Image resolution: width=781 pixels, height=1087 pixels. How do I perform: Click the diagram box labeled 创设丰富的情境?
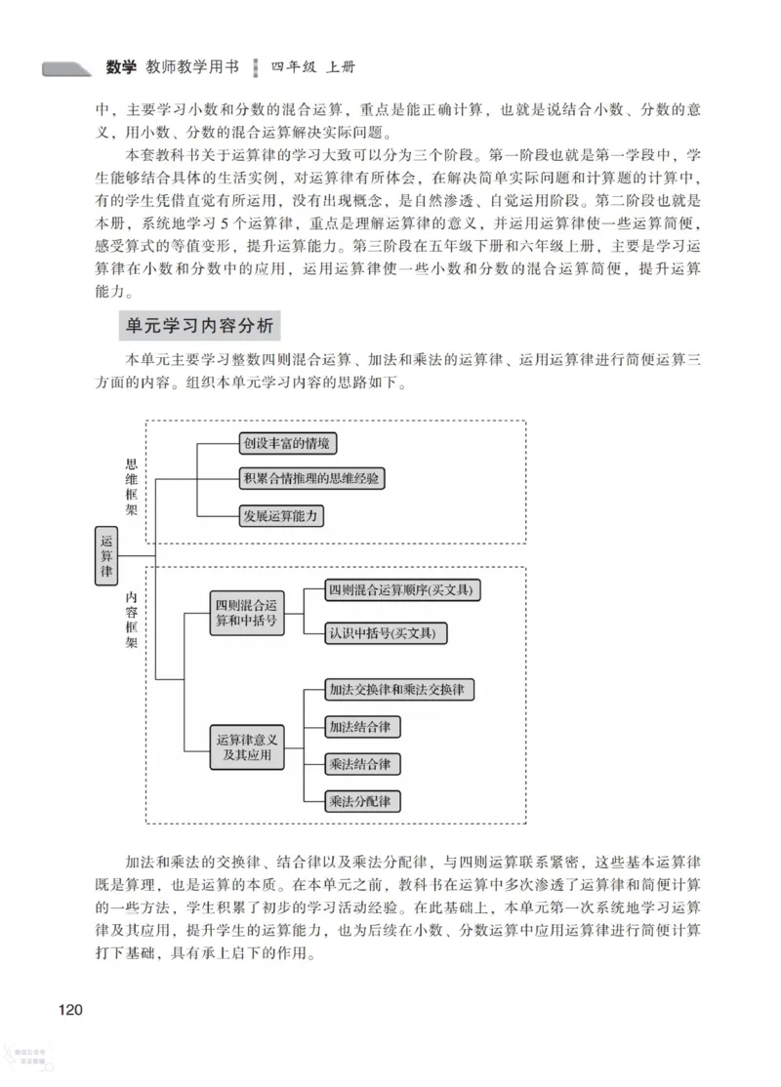pos(288,443)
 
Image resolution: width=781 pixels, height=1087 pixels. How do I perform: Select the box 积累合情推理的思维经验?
pos(311,478)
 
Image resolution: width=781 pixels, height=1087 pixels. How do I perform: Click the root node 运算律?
pos(106,557)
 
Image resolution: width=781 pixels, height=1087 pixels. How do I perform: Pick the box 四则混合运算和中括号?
pos(246,614)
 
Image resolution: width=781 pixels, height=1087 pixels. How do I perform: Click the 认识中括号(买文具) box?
pos(388,633)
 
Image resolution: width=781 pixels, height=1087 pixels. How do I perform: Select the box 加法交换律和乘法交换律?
pos(401,690)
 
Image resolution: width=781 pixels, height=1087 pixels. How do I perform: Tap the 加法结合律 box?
pos(363,727)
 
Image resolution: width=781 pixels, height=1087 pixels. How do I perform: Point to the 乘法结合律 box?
pos(363,763)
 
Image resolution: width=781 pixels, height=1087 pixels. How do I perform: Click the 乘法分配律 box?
pos(363,801)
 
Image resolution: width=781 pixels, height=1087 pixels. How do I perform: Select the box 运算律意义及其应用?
pos(246,748)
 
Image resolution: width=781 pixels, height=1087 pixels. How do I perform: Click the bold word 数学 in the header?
pos(122,68)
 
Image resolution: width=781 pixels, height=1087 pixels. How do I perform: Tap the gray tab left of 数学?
pos(67,69)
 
